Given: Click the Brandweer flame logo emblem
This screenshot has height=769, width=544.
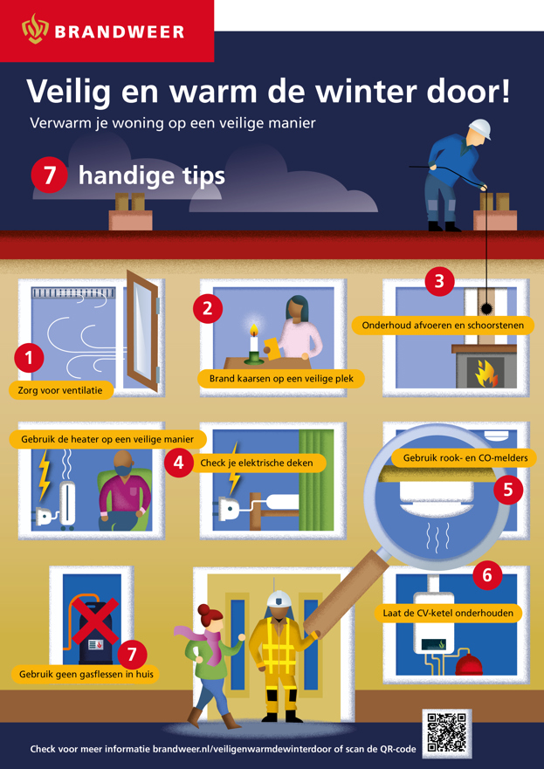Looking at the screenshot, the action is (x=35, y=29).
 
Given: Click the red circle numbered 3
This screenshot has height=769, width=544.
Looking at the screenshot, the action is (x=439, y=282).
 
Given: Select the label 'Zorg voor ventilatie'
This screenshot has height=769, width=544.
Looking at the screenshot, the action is (x=61, y=392).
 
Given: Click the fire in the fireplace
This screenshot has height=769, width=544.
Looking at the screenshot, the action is (x=485, y=374).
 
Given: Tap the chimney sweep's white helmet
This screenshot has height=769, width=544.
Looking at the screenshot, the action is (x=479, y=129).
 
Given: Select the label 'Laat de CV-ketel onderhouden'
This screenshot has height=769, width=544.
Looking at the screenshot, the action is (x=448, y=613).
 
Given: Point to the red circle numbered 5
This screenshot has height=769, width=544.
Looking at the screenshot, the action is (x=508, y=490).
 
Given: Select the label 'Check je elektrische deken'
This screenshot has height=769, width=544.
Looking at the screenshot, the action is (x=258, y=463).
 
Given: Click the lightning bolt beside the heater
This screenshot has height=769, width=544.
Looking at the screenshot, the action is (x=45, y=473).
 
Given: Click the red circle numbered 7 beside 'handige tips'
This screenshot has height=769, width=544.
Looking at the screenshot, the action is (x=49, y=175).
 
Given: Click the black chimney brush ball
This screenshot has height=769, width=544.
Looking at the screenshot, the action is (x=487, y=308).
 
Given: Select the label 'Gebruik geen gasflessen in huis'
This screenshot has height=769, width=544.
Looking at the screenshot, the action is (x=86, y=675).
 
